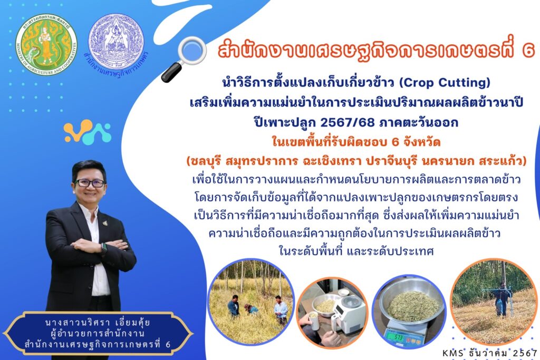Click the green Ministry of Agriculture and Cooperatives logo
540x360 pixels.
tap(46, 45)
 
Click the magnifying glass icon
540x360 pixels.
tap(184, 59)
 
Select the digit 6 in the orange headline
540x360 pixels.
tap(528, 50)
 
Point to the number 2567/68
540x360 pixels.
tap(347, 122)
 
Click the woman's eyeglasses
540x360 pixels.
tap(90, 183)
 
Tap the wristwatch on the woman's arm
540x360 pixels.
tap(104, 248)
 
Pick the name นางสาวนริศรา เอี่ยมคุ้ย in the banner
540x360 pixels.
tap(98, 323)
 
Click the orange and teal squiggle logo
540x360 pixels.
tap(88, 132)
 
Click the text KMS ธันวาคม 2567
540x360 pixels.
tap(490, 353)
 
